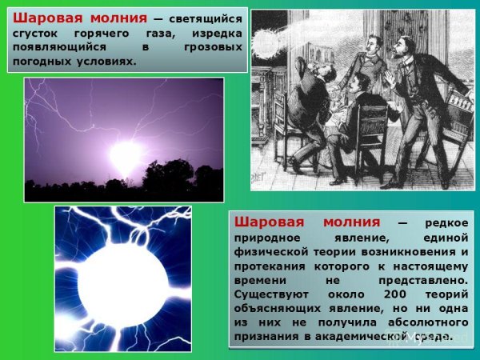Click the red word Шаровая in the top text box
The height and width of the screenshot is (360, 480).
pos(45,18)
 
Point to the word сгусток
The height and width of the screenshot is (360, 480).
pos(38,33)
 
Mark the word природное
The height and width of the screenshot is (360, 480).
pos(270,238)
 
